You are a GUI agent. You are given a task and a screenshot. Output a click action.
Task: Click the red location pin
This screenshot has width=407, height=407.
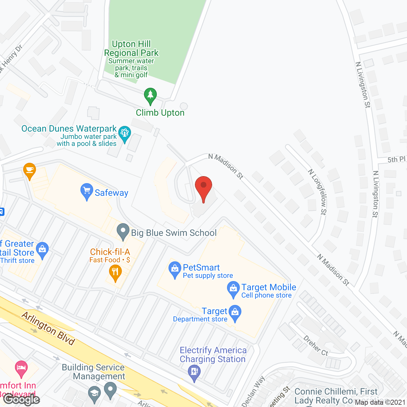203,187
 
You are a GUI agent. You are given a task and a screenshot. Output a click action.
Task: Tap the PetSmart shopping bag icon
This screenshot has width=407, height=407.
175,270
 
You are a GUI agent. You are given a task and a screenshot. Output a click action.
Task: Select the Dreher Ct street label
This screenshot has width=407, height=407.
315,346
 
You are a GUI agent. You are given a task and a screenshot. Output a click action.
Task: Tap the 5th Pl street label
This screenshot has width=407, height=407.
396,159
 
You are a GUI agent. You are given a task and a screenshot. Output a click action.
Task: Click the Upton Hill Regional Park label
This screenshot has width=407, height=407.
131,48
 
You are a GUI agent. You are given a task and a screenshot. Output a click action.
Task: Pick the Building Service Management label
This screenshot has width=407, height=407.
93,372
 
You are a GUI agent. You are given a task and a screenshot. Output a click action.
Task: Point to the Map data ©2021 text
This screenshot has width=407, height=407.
380,403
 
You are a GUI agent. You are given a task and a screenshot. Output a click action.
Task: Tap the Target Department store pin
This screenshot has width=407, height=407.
235,313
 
